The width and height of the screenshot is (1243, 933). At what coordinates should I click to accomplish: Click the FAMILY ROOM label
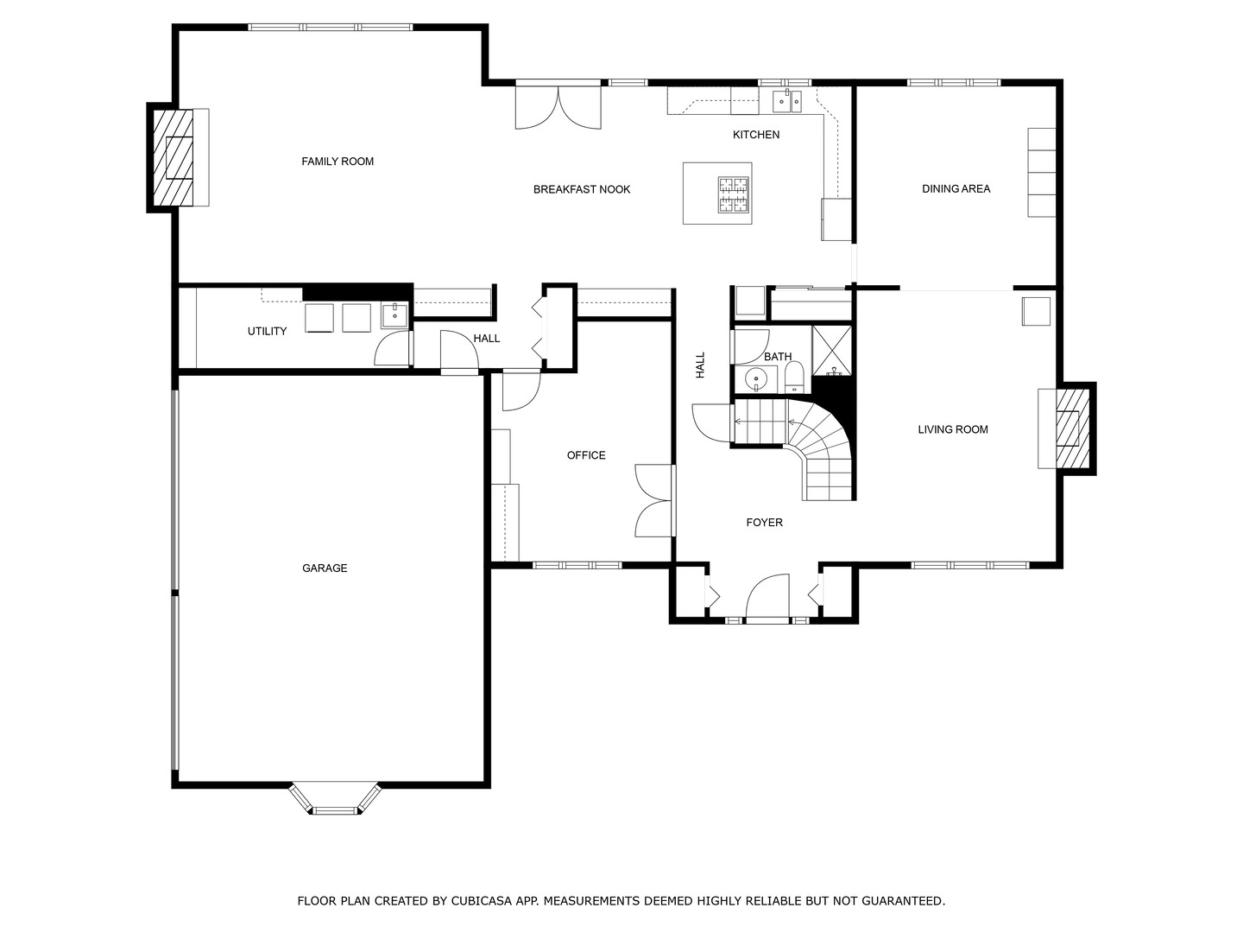point(338,162)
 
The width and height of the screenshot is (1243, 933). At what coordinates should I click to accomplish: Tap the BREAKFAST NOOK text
point(582,189)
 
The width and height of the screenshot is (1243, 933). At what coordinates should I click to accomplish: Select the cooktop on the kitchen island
point(734,194)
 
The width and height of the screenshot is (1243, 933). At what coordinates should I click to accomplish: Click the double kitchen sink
point(788,101)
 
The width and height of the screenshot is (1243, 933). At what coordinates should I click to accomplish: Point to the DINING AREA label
point(956,188)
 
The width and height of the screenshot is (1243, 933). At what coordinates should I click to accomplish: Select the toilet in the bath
point(794,378)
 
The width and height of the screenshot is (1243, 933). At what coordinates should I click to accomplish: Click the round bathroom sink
point(755,378)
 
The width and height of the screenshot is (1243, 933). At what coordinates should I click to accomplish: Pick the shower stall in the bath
point(832,352)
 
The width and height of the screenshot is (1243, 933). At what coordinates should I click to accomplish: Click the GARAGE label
point(325,568)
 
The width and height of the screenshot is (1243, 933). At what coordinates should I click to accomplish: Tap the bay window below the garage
point(335,799)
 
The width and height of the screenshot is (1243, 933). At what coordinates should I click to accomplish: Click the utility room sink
point(394,315)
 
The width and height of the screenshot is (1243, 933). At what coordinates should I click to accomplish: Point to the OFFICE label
point(586,455)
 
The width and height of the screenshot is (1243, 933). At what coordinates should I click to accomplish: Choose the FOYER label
point(765,523)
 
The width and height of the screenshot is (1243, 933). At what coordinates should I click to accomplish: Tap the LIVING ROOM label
point(953,430)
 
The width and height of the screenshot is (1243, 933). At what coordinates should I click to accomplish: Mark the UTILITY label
point(267,332)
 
